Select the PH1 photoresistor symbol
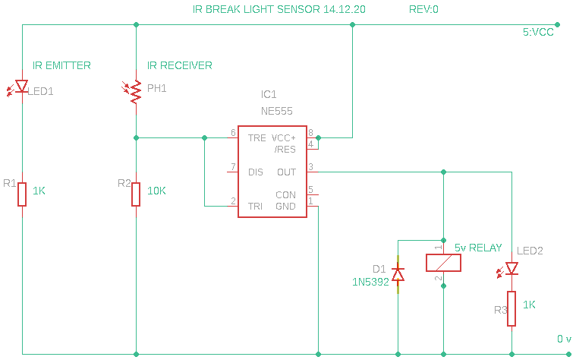[x=136, y=91]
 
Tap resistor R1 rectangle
[x=23, y=194]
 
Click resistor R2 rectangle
[x=136, y=194]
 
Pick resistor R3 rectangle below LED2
[x=512, y=309]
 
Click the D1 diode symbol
[x=398, y=273]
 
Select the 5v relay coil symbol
[x=443, y=263]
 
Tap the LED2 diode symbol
[x=512, y=268]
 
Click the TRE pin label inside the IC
[x=257, y=138]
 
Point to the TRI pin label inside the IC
[x=256, y=206]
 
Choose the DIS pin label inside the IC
[x=256, y=172]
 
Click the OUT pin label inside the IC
[x=286, y=172]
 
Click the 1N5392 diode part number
[x=370, y=282]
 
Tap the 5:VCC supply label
[x=539, y=33]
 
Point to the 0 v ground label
[x=564, y=339]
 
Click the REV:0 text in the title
[x=423, y=10]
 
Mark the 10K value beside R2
[x=156, y=191]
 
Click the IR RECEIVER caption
[x=179, y=66]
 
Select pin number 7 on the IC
[x=233, y=167]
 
